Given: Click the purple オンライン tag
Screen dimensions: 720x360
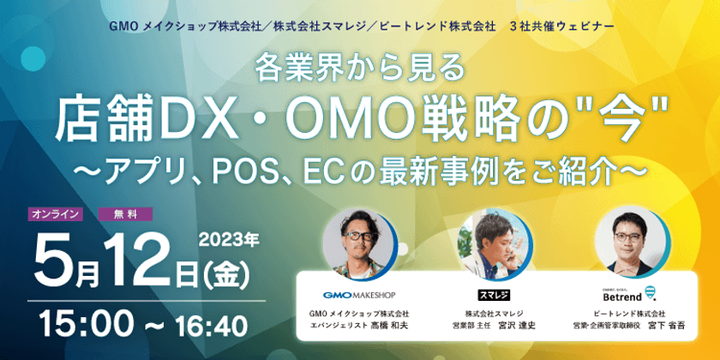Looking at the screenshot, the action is pos(56,214).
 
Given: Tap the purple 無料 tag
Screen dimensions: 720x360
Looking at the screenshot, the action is pos(126,214).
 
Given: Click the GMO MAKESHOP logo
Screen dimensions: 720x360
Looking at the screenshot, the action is pos(359,295).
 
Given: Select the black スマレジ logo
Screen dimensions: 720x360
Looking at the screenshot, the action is pos(494,294).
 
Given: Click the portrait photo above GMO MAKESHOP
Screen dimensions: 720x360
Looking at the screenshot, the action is pos(359,243).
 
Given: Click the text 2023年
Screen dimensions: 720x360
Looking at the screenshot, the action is pos(229,239).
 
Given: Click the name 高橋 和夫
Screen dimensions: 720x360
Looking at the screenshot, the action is pos(391,326).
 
